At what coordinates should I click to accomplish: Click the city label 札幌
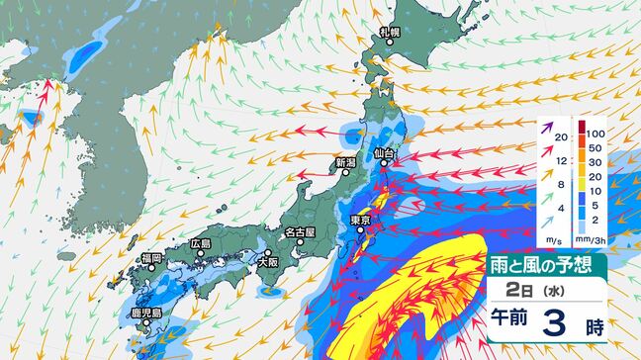pyautogui.click(x=392, y=33)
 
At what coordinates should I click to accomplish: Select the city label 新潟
pyautogui.click(x=345, y=163)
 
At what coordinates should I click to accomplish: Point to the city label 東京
pyautogui.click(x=361, y=220)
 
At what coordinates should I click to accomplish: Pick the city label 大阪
pyautogui.click(x=267, y=263)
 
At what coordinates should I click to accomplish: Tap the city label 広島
pyautogui.click(x=201, y=243)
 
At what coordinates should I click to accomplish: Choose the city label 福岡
pyautogui.click(x=151, y=258)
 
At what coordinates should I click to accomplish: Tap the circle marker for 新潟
pyautogui.click(x=345, y=174)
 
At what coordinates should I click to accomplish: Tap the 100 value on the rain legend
pyautogui.click(x=595, y=132)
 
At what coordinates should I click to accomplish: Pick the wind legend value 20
pyautogui.click(x=561, y=137)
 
